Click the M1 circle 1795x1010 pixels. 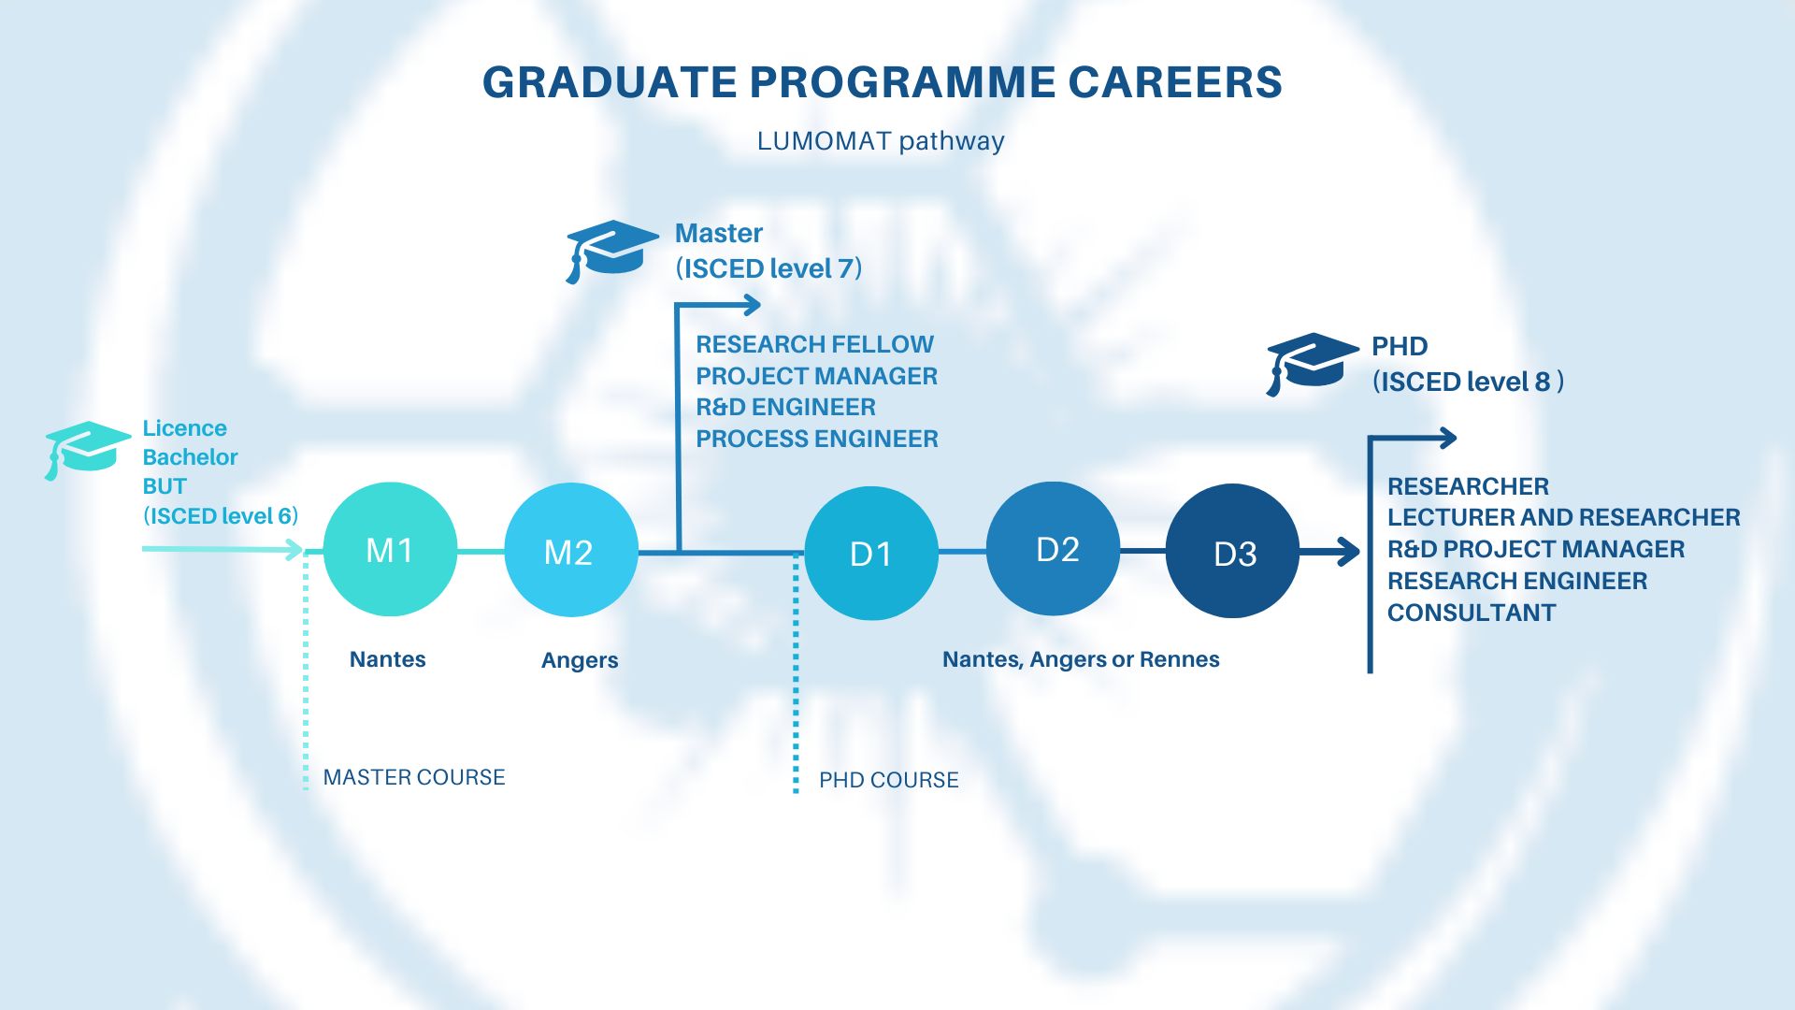click(x=390, y=549)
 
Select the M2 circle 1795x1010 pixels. click(x=571, y=550)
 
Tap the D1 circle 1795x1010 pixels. click(x=871, y=553)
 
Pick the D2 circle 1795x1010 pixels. click(x=1054, y=549)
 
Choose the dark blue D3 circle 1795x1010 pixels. click(x=1233, y=551)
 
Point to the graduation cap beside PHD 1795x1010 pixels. click(x=1312, y=363)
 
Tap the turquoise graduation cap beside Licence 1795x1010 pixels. click(x=87, y=450)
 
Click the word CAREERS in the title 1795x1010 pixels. click(x=1175, y=82)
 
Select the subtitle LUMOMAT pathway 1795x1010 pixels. click(x=881, y=141)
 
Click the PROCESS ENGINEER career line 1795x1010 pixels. click(x=817, y=439)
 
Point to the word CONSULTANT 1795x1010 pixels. click(x=1472, y=613)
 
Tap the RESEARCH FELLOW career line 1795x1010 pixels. click(x=814, y=344)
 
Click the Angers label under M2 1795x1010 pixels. click(x=580, y=660)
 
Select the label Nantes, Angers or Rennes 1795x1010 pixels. click(x=1081, y=659)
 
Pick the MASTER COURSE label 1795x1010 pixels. click(x=414, y=777)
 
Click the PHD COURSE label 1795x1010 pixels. click(x=889, y=780)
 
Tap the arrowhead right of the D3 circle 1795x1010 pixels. click(x=1349, y=552)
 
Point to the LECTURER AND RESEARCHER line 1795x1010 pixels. click(x=1564, y=517)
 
